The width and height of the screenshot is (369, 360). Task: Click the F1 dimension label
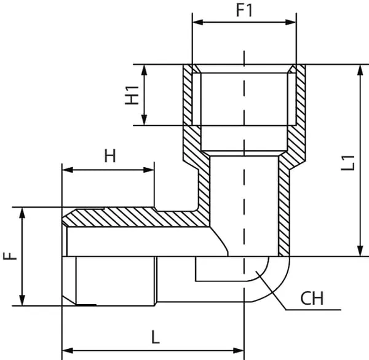point(245,10)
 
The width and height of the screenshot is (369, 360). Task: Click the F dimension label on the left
point(10,255)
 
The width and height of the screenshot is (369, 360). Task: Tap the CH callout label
point(312,300)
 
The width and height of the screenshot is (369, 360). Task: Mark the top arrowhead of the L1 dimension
point(359,68)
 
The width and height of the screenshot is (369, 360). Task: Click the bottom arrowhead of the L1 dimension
point(359,252)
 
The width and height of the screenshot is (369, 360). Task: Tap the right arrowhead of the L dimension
point(241,350)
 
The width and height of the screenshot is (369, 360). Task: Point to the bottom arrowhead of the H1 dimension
point(146,121)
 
